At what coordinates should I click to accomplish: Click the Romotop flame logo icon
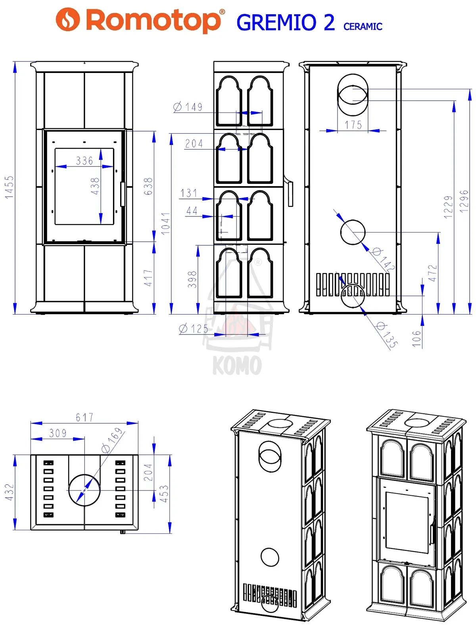pos(67,19)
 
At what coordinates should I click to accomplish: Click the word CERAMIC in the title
pos(363,27)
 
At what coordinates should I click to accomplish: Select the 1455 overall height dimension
pos(10,187)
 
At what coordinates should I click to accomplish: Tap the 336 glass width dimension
pos(84,160)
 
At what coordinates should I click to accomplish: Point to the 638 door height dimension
pos(148,186)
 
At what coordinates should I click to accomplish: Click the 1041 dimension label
pos(165,223)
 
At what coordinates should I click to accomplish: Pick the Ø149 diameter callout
pos(188,107)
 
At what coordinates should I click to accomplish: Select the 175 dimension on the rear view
pos(353,125)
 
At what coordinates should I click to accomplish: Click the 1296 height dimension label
pos(464,201)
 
